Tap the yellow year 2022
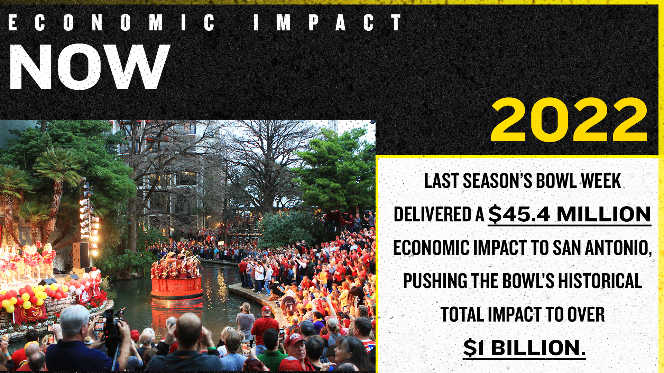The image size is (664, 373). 569,119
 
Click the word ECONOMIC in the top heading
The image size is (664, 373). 111,23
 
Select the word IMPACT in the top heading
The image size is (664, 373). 327,23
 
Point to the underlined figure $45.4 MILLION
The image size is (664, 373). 569,214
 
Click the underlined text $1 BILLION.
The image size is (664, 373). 524,348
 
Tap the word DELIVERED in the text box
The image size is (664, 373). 432,214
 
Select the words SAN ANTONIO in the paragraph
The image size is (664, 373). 602,248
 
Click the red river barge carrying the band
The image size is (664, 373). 177,288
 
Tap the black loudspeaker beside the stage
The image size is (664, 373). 81,255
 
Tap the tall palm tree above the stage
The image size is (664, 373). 57,186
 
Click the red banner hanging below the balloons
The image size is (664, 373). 30,313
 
